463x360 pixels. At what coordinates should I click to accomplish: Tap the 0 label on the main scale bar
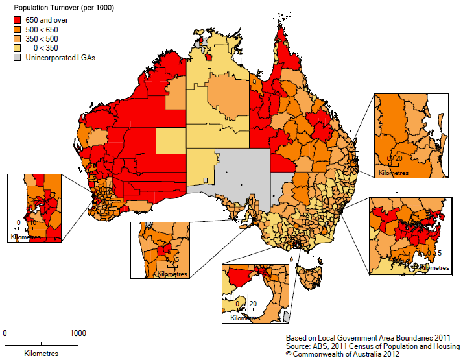coord(5,333)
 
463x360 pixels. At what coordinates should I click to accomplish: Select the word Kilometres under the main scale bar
coord(41,354)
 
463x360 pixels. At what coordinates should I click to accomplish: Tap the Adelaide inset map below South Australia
coord(160,250)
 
